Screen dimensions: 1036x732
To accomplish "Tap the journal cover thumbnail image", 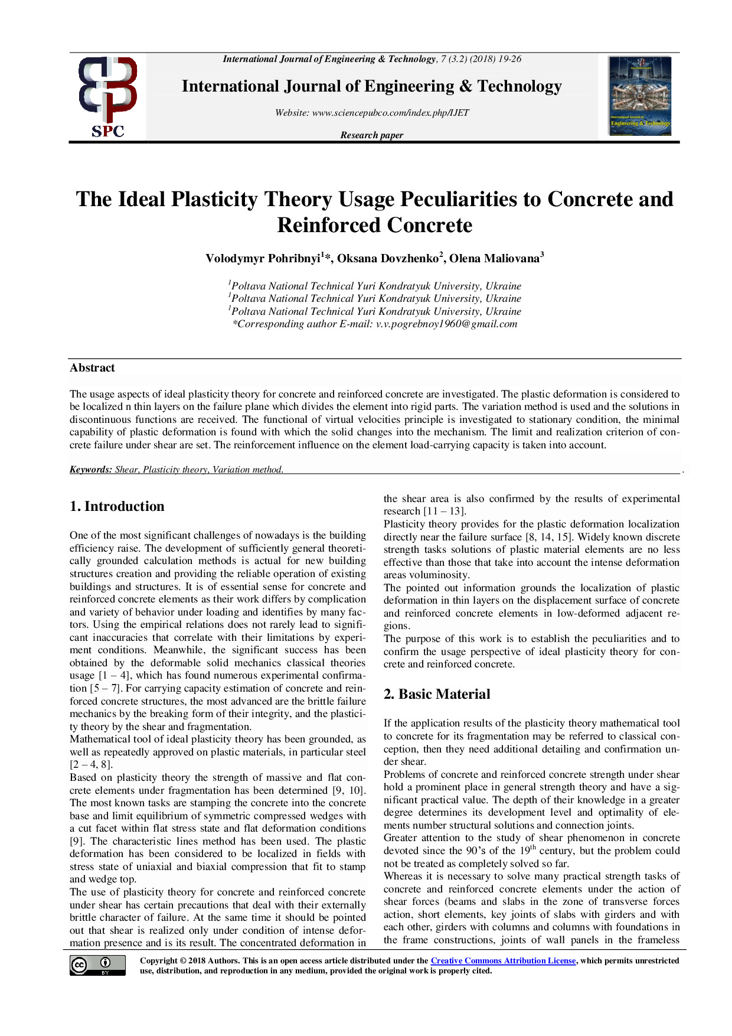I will (640, 96).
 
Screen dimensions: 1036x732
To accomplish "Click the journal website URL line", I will (372, 113).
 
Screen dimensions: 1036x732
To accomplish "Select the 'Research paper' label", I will (372, 135).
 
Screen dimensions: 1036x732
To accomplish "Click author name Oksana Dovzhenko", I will (388, 259).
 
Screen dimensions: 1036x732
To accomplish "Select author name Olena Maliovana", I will (495, 259).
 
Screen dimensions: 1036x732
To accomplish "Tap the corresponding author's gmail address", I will (446, 324).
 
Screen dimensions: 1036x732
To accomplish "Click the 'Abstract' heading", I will (92, 368).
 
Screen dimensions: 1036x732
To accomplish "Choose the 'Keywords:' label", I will (91, 470).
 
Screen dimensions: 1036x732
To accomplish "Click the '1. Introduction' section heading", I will (117, 507).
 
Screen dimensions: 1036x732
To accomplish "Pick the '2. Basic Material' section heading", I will (437, 695).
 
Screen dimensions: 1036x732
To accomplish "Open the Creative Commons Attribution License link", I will (503, 961).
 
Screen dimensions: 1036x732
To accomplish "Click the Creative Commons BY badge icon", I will (97, 966).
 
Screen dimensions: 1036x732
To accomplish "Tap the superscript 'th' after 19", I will (532, 848).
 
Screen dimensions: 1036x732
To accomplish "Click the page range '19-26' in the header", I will (509, 59).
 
